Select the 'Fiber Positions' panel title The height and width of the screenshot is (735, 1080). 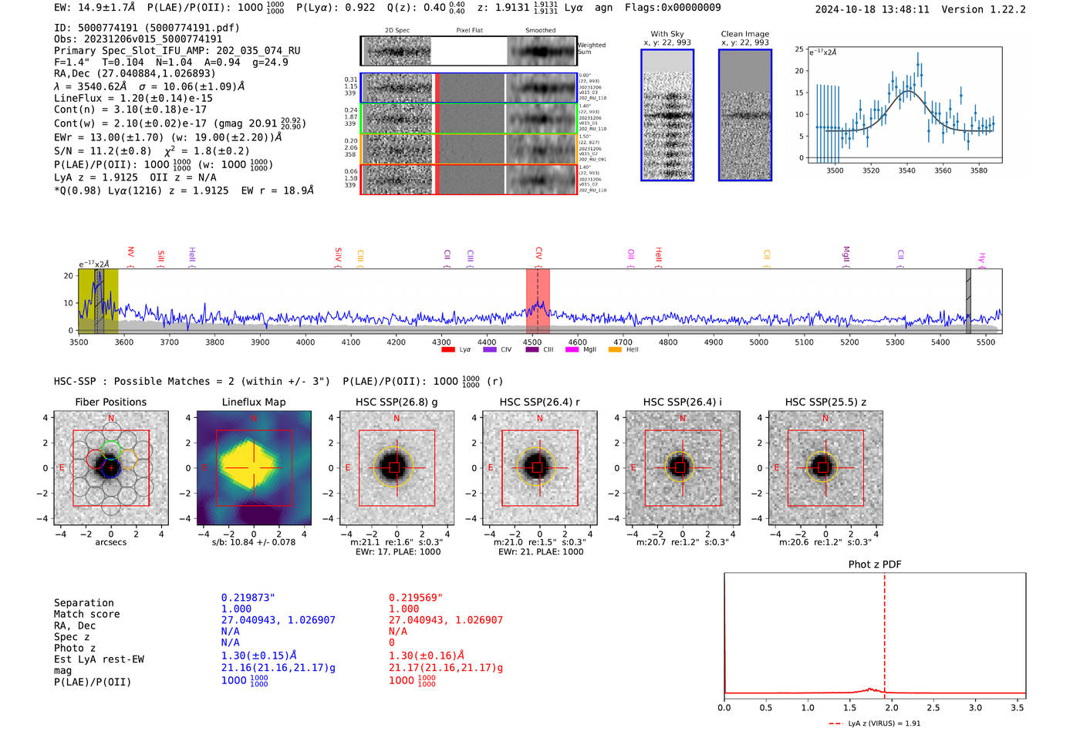tap(110, 402)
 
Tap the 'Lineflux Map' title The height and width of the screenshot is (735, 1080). tap(254, 402)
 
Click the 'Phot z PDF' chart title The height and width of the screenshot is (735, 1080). tap(875, 564)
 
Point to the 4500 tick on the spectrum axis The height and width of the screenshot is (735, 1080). tap(532, 342)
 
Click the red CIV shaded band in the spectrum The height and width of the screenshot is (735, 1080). tap(538, 301)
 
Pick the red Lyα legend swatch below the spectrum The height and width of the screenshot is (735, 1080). tap(448, 349)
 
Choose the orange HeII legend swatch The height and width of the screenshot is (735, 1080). tap(615, 349)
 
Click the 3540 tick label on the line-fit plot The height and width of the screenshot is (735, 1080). tap(906, 170)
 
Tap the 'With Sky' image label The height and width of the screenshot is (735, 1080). tap(667, 34)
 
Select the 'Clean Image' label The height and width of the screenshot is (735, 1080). tap(744, 34)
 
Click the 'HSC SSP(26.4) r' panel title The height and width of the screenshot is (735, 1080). tap(539, 402)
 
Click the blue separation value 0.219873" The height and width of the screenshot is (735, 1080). tap(248, 598)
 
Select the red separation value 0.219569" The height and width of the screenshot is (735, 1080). tap(416, 598)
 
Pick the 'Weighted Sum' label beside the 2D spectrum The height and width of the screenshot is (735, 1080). tap(592, 48)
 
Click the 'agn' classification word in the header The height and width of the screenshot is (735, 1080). tap(603, 8)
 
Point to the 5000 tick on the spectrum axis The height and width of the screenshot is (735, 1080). tap(759, 342)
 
